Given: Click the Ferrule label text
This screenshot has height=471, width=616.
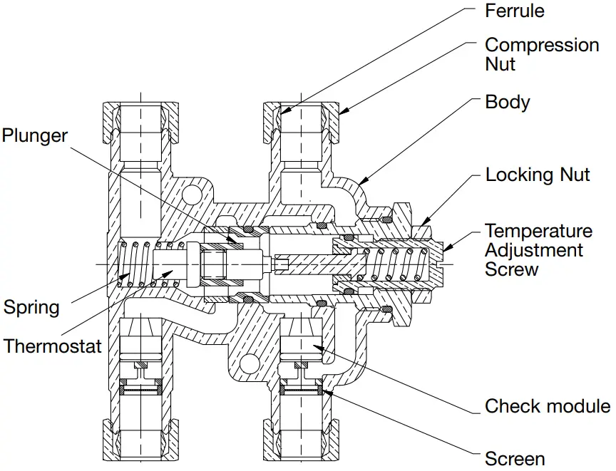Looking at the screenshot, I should tap(514, 11).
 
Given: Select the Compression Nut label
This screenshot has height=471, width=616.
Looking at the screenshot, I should tap(541, 54).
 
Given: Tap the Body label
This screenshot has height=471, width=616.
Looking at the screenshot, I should tap(507, 102).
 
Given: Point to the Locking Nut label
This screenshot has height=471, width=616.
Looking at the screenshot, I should tap(538, 175).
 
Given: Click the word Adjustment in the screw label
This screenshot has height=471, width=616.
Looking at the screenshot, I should tap(534, 250).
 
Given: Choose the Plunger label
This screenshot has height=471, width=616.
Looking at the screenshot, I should tap(34, 135).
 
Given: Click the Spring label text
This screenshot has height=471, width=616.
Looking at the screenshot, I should tap(31, 308).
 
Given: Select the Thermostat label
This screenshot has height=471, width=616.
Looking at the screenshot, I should tap(53, 346).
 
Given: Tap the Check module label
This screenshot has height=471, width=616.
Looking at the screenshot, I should tap(547, 406).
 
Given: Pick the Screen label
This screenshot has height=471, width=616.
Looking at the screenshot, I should tap(515, 458).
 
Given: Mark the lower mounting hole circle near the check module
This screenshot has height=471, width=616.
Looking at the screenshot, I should tap(249, 365).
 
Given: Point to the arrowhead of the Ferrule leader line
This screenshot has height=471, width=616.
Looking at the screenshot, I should tap(282, 113).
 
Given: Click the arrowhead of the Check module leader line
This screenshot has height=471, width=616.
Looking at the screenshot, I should tap(315, 346).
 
